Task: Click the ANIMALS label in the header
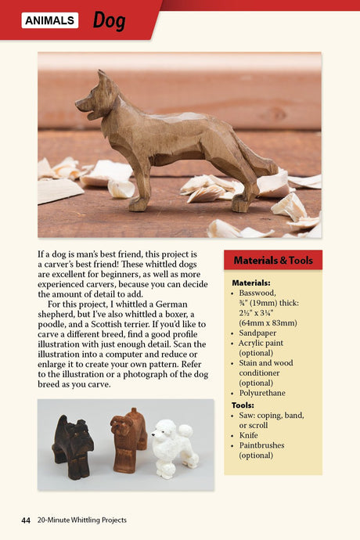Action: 50,20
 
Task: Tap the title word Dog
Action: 109,20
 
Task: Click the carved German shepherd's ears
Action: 102,79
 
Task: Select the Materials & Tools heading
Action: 273,260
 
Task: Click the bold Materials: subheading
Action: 251,283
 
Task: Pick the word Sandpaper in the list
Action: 260,332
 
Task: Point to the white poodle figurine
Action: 171,446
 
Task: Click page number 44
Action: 26,520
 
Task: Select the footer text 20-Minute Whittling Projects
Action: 81,520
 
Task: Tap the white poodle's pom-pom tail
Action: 185,431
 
